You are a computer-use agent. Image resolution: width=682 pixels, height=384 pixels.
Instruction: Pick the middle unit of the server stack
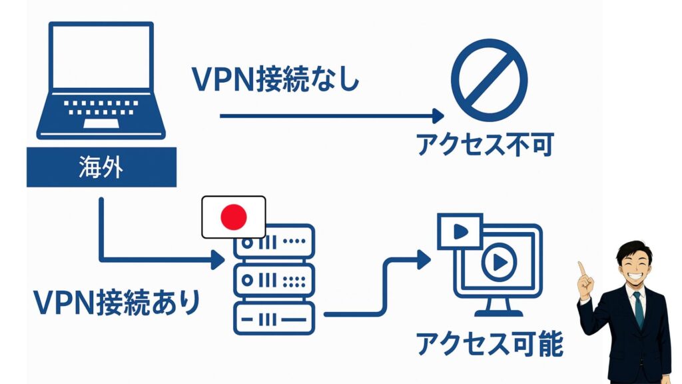[274, 280]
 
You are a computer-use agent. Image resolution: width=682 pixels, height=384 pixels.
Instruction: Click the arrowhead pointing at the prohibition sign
[438, 116]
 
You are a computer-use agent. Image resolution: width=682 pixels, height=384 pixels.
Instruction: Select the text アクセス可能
[490, 344]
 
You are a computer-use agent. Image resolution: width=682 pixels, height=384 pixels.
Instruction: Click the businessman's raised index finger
[581, 269]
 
